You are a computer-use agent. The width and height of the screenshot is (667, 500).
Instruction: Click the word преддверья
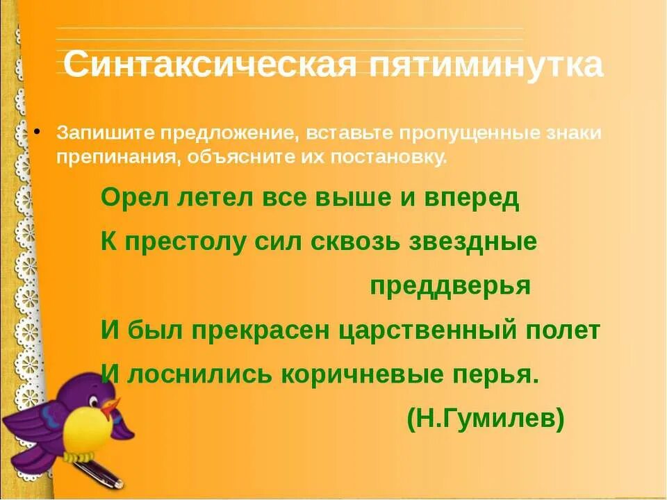[x=450, y=286]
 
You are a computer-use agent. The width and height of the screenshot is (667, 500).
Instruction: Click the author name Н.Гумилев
[x=486, y=419]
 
